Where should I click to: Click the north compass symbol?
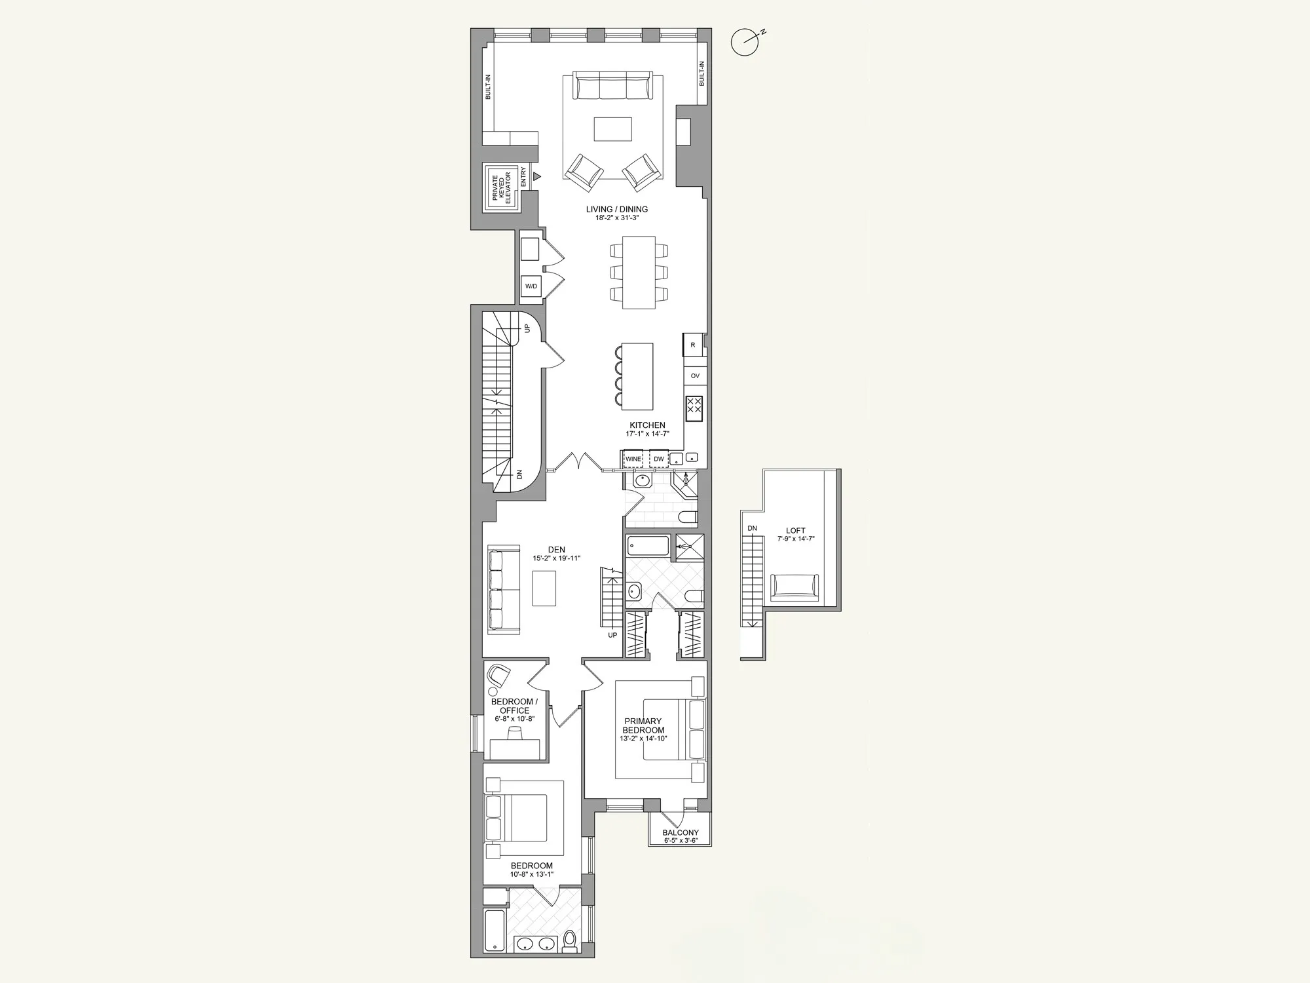point(745,43)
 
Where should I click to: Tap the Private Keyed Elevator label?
point(501,187)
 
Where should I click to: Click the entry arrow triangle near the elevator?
point(537,176)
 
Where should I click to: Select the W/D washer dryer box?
point(531,286)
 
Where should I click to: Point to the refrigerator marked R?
point(693,345)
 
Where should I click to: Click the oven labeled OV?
point(695,376)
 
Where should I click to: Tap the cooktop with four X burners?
point(694,408)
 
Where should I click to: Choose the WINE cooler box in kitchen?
point(633,459)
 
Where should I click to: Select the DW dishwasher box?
point(659,459)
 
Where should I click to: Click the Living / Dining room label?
point(616,210)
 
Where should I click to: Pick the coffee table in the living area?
point(613,129)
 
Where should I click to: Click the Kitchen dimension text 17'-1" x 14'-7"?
point(647,434)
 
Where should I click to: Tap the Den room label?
point(557,550)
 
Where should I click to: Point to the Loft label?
point(796,531)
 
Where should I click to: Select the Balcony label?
point(680,833)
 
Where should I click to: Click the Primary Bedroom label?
point(643,725)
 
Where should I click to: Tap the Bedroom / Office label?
point(515,706)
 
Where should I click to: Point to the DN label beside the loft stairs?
point(752,528)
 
